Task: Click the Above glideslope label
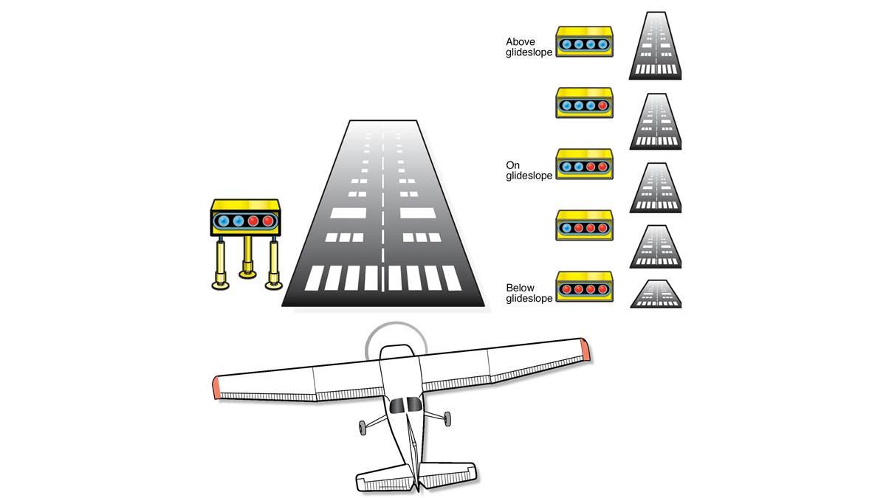pos(529,47)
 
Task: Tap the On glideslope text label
pos(529,170)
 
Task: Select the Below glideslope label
pos(529,293)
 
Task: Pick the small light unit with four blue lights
pos(584,43)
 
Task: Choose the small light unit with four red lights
pos(584,288)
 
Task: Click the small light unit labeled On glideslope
pos(584,165)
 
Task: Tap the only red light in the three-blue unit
pos(603,106)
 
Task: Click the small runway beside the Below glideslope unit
pos(655,294)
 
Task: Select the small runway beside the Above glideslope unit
pos(655,46)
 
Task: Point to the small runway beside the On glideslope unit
pos(655,187)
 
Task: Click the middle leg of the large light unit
pos(247,258)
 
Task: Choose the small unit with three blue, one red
pos(584,105)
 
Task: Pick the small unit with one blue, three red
pos(584,226)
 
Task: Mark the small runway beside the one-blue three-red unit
pos(655,246)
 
